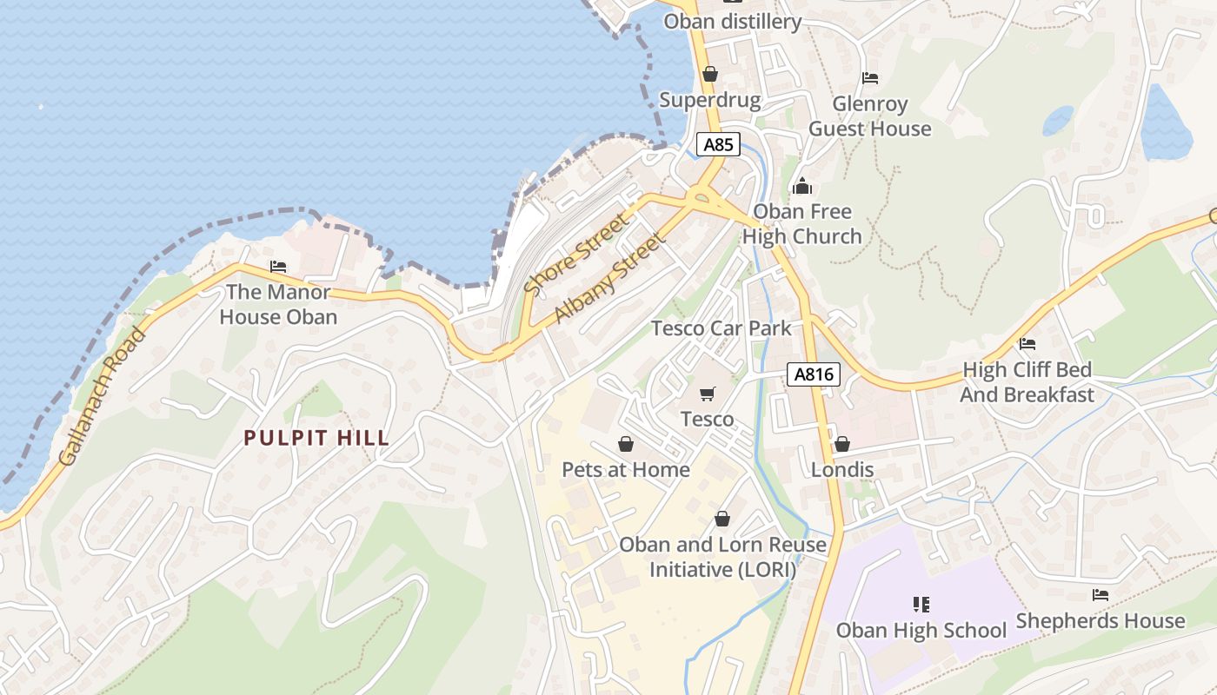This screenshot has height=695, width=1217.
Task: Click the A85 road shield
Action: click(718, 144)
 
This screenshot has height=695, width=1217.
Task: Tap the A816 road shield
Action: click(815, 374)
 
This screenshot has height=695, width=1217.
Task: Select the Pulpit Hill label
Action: click(316, 438)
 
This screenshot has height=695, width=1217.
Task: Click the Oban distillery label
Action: click(732, 21)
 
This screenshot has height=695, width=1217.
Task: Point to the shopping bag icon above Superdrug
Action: click(710, 75)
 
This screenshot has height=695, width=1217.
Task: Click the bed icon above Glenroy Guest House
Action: click(870, 78)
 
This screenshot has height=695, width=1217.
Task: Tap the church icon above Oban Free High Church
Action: click(801, 186)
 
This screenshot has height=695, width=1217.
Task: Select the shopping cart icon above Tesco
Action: click(707, 394)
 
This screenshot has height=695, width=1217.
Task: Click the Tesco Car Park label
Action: click(722, 328)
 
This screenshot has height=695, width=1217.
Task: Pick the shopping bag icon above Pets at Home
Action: click(625, 445)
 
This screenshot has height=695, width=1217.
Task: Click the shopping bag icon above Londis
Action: click(841, 445)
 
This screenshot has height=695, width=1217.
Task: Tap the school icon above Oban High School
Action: click(921, 604)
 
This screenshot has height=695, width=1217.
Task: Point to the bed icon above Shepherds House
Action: click(1101, 595)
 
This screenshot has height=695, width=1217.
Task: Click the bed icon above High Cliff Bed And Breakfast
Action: click(1027, 344)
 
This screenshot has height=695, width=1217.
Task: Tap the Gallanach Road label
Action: click(103, 396)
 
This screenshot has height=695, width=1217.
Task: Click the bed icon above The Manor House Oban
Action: click(278, 267)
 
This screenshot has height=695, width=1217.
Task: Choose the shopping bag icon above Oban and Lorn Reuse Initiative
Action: click(722, 520)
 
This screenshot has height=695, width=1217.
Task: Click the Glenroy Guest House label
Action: click(869, 116)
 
